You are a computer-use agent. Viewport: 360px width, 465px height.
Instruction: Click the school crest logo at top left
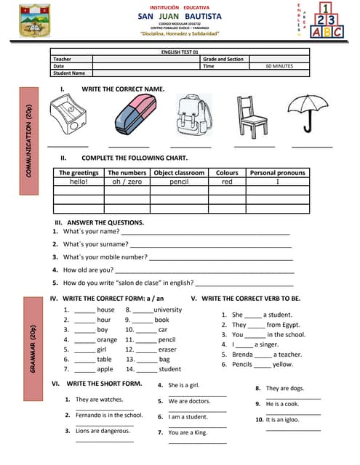35,20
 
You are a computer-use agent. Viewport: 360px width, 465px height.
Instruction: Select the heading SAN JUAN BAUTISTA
180,15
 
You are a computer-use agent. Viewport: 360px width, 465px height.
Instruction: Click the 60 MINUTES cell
279,66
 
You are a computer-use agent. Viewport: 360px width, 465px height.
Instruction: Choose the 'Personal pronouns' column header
278,173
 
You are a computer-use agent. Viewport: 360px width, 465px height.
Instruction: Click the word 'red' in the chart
227,182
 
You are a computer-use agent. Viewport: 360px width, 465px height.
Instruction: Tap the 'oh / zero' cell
127,182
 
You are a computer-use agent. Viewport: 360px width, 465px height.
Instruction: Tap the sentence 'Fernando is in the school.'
109,415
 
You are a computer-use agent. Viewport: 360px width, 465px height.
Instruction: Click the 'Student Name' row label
69,73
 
